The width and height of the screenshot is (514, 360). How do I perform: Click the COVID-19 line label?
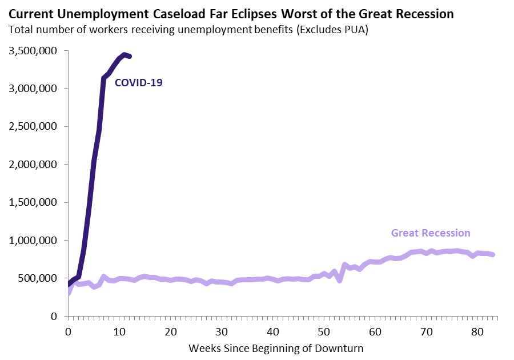tap(139, 82)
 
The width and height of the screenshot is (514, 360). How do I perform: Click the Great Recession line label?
tap(431, 233)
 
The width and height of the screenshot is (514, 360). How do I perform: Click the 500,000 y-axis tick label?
tap(39, 278)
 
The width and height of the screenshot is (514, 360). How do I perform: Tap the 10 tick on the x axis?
tap(119, 331)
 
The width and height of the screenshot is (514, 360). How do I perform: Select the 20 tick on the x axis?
tap(170, 331)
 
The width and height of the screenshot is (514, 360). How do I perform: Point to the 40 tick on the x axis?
tap(273, 331)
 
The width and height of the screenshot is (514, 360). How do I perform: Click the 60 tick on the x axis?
tap(375, 331)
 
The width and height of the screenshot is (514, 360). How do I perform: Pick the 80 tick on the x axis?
tap(477, 331)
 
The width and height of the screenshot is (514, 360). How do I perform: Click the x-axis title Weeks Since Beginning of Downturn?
tap(276, 347)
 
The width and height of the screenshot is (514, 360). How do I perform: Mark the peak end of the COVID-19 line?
tap(125, 54)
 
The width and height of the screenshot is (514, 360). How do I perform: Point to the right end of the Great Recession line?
tap(493, 254)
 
